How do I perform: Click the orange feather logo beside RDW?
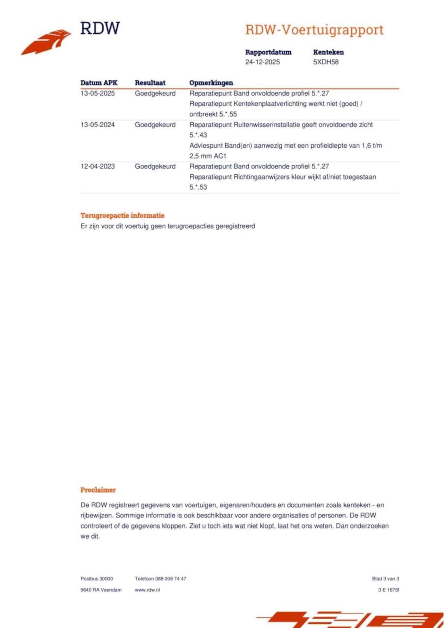click(46, 42)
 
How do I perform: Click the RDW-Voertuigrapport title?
click(314, 30)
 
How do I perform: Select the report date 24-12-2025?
click(262, 62)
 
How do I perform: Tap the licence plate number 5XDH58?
click(326, 62)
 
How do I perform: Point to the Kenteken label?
click(328, 52)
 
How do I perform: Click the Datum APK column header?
click(99, 83)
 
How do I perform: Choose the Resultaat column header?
click(150, 83)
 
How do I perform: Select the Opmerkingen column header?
click(211, 83)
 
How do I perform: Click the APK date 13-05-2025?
click(97, 93)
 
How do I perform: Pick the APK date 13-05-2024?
click(97, 125)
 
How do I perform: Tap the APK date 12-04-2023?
click(97, 166)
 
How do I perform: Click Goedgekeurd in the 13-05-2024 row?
click(155, 125)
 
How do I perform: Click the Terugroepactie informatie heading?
click(122, 216)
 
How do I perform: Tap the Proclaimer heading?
click(98, 490)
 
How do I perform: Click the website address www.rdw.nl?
click(147, 590)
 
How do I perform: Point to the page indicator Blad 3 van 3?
click(385, 578)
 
